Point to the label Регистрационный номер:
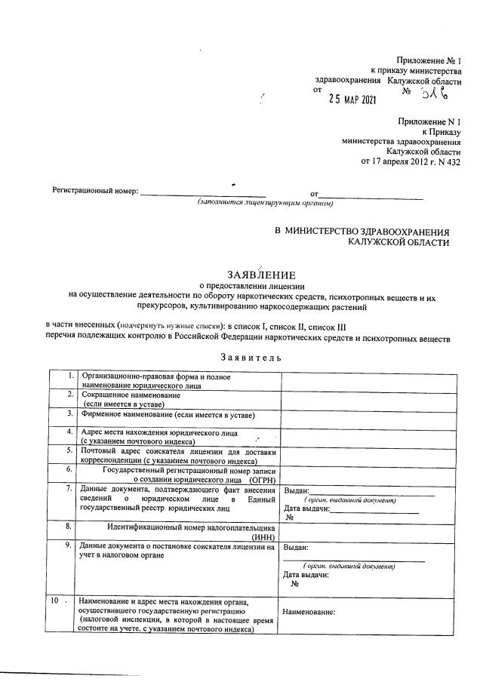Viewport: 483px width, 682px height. coord(94,192)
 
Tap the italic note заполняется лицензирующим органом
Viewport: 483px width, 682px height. coord(266,203)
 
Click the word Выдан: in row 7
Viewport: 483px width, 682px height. coord(296,491)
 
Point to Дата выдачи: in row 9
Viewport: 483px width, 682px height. coord(306,575)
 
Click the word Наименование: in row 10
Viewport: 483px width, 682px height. coord(309,613)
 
